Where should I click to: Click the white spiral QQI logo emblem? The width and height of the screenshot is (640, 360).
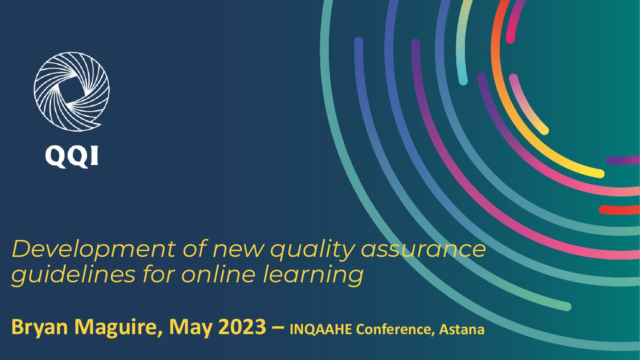tap(72, 91)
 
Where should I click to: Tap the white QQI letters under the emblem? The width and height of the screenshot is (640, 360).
tap(72, 156)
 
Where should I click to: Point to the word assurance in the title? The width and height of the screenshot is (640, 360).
tap(423, 250)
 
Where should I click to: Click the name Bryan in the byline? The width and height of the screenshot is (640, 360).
tap(40, 328)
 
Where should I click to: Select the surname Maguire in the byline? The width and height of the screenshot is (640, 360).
tap(117, 328)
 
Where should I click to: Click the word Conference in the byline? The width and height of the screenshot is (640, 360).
tap(396, 330)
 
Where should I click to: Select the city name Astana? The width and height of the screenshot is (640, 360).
tap(462, 329)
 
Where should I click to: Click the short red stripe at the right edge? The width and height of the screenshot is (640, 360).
tap(619, 210)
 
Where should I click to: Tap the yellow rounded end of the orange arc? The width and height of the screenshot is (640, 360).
tap(600, 173)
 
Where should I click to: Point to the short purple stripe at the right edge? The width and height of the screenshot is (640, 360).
tap(623, 160)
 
